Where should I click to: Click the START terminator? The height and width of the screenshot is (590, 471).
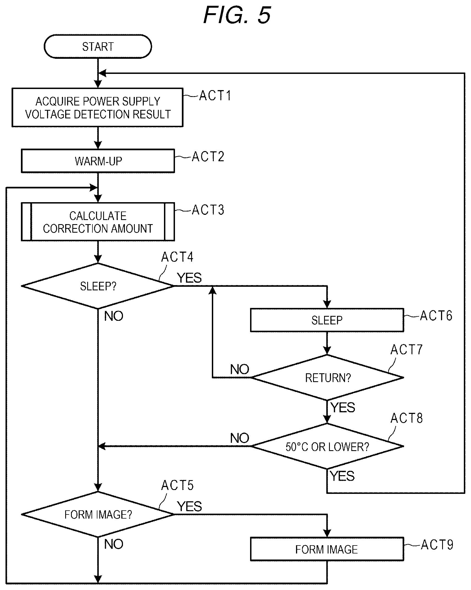(x=98, y=46)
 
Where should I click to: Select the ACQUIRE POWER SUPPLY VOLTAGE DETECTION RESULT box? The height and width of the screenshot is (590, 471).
(x=97, y=107)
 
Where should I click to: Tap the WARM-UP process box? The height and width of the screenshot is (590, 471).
(x=98, y=161)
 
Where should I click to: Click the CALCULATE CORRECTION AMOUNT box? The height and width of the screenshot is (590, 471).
(x=98, y=222)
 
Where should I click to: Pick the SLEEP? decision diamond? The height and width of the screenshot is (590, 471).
(x=98, y=286)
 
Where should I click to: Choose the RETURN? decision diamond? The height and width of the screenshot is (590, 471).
(x=327, y=378)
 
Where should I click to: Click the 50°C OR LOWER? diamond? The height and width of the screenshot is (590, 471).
(x=327, y=446)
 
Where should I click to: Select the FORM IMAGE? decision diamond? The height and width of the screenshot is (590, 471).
(x=98, y=514)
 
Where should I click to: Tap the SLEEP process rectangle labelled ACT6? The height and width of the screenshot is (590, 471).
(x=327, y=320)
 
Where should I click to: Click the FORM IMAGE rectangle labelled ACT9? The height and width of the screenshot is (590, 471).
(x=327, y=549)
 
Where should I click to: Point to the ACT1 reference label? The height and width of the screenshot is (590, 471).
(x=215, y=96)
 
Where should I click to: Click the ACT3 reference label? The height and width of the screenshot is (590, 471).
(x=208, y=210)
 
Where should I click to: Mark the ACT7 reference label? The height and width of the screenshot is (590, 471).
(x=407, y=350)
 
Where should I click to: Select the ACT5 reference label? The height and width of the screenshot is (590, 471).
(x=177, y=485)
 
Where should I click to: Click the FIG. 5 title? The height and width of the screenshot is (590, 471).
(x=237, y=15)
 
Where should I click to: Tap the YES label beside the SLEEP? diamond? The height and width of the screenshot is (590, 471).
(x=189, y=278)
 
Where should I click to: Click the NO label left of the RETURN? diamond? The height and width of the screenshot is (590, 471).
(x=240, y=369)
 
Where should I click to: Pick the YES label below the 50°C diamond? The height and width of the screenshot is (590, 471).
(x=342, y=476)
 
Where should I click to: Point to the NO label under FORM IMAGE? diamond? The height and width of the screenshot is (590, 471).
(x=114, y=544)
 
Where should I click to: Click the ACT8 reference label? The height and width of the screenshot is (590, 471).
(x=407, y=418)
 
